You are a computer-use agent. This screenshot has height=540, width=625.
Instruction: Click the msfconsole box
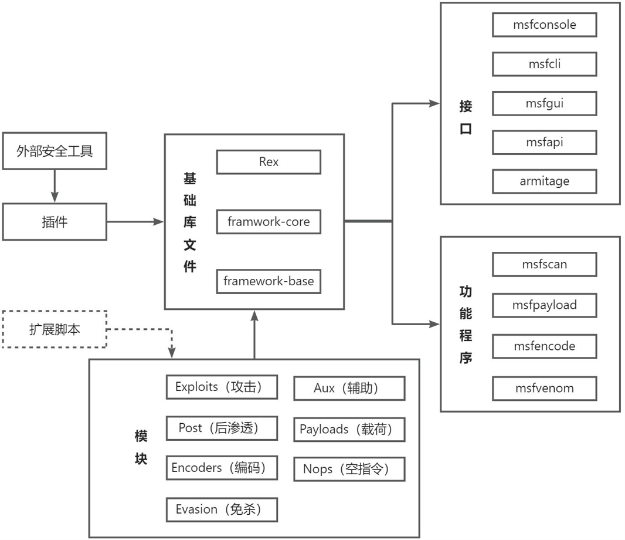[x=545, y=25]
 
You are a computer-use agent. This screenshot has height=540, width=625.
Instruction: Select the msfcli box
[x=545, y=64]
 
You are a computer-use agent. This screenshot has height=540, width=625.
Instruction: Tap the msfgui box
[x=545, y=103]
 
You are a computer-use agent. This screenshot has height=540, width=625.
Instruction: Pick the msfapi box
[x=545, y=142]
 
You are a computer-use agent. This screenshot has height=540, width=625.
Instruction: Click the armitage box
[x=545, y=181]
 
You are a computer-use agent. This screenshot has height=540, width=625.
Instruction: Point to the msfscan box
[x=545, y=264]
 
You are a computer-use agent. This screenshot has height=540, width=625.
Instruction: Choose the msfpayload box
[x=545, y=305]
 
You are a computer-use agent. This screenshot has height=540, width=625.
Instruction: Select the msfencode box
[x=545, y=346]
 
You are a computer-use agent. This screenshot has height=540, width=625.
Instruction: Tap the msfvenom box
[x=545, y=389]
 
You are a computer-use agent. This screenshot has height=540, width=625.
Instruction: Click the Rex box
[x=269, y=162]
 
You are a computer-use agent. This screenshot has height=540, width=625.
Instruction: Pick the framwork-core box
[x=269, y=222]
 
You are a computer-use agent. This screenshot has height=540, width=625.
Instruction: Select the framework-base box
[x=269, y=281]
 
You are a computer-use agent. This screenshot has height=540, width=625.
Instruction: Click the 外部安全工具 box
[x=55, y=151]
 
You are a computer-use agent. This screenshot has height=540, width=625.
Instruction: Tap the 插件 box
[x=55, y=222]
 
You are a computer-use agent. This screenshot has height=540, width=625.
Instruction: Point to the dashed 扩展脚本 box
[x=55, y=329]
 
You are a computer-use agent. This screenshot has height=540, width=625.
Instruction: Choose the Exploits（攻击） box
[x=218, y=387]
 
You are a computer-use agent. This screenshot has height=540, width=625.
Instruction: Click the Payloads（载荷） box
[x=349, y=429]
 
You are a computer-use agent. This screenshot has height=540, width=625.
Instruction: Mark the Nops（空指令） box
[x=349, y=469]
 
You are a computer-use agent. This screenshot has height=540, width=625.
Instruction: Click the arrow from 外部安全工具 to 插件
[x=55, y=187]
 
